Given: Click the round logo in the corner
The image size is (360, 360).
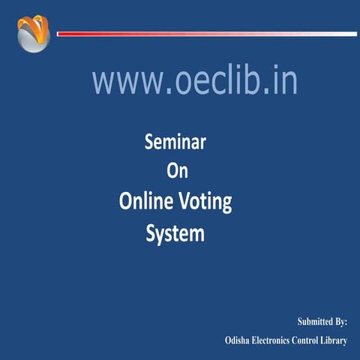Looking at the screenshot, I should pos(32,34).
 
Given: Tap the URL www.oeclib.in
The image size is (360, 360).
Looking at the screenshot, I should pos(195,81).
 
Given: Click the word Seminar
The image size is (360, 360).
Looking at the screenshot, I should pos(175,142).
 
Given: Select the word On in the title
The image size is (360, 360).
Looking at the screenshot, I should pos(176,171).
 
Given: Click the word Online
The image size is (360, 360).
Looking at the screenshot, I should pos(146,202).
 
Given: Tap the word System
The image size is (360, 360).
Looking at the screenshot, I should pos(175,233).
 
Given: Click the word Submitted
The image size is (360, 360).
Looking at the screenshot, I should pos(315,322).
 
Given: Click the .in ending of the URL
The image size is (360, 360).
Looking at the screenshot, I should pos(283,81).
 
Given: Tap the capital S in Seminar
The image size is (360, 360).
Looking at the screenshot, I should pos(148,142).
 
